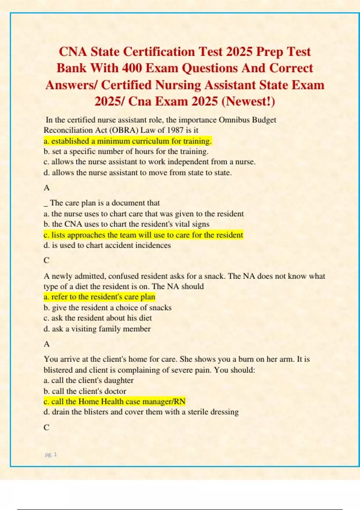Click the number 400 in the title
(132, 68)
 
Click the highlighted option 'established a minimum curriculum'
(128, 141)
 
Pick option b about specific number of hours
(126, 151)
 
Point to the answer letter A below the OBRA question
(46, 188)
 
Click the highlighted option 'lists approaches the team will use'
(143, 235)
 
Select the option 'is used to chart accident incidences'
(107, 245)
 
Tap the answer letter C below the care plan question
(46, 260)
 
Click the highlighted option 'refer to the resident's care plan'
(99, 297)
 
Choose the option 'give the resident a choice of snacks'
(107, 308)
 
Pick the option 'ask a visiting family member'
(97, 329)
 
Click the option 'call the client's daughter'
(88, 380)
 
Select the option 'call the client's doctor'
(85, 391)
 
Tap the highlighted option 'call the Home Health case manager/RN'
(115, 402)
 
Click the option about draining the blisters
(141, 412)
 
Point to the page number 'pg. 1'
(51, 454)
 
